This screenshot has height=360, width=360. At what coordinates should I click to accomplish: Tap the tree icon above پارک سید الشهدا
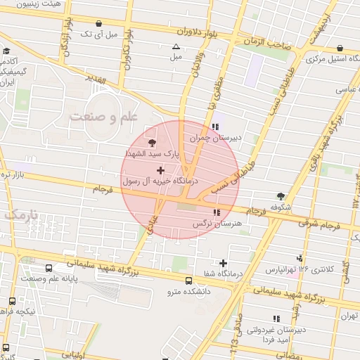(153, 143)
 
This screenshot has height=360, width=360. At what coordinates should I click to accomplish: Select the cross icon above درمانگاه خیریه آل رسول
(161, 170)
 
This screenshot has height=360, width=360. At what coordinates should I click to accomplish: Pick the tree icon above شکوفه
(282, 196)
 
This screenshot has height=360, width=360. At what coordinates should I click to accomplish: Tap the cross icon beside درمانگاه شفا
(224, 262)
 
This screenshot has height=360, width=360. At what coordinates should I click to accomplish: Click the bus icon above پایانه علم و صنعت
(49, 269)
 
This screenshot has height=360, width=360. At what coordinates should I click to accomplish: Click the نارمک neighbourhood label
(20, 214)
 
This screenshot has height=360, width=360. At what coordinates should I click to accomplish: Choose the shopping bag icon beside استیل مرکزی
(340, 49)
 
